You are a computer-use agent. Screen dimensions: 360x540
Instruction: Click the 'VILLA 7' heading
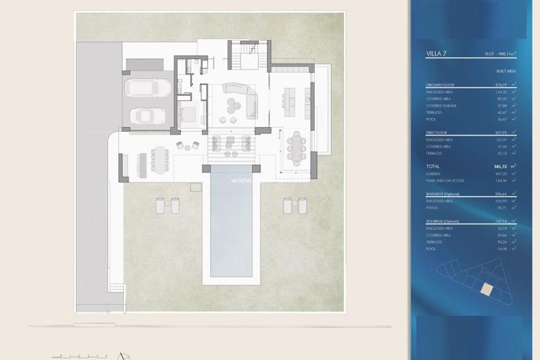pyautogui.click(x=437, y=54)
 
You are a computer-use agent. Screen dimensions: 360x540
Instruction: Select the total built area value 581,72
pyautogui.click(x=498, y=165)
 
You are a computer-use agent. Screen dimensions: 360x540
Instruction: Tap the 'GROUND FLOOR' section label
pyautogui.click(x=440, y=84)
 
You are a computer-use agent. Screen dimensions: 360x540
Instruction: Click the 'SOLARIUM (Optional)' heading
pyautogui.click(x=445, y=221)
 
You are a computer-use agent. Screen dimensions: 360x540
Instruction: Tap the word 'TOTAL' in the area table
pyautogui.click(x=434, y=165)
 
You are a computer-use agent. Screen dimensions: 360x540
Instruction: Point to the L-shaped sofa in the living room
pyautogui.click(x=242, y=98)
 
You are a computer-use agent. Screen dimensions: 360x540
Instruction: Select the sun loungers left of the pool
pyautogui.click(x=167, y=205)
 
